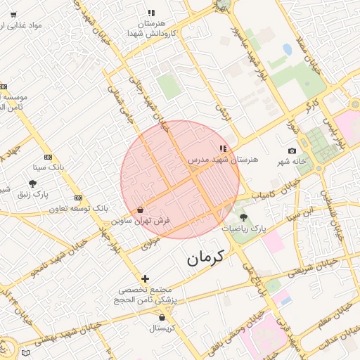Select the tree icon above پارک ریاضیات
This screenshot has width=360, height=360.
tap(243, 217)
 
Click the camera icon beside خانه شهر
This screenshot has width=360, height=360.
tap(292, 151)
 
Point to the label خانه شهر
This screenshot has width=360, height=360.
tap(292, 162)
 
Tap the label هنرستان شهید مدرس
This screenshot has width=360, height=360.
tap(223, 160)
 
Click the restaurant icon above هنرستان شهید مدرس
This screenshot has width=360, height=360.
tap(223, 148)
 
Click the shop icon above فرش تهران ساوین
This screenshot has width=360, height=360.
tap(141, 210)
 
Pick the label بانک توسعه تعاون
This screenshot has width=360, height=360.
tap(79, 209)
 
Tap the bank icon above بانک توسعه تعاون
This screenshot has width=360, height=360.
tap(78, 198)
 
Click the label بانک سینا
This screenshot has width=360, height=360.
tap(48, 168)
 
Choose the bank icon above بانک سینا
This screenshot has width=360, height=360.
tap(48, 157)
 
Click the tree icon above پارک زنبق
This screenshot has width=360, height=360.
tap(32, 184)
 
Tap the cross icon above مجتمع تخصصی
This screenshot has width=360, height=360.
tap(145, 278)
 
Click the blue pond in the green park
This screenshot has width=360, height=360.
tap(287, 50)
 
